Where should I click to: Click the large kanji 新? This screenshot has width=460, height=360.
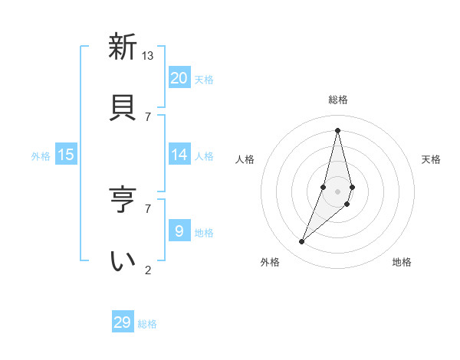[x=122, y=47]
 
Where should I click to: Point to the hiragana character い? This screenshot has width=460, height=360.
[x=122, y=260]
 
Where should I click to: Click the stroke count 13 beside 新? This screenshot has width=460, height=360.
[x=148, y=55]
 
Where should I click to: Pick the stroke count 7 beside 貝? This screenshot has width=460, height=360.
[x=148, y=116]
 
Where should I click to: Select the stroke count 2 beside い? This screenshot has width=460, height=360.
[x=148, y=270]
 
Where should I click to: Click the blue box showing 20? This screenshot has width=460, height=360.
[x=179, y=78]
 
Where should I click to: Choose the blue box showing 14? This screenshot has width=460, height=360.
[x=179, y=155]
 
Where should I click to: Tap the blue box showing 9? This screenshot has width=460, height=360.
[x=179, y=231]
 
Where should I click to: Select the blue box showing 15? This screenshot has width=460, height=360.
[x=66, y=155]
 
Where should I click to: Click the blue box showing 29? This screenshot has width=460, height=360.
[x=123, y=322]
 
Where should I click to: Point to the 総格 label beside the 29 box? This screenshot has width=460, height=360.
[x=147, y=324]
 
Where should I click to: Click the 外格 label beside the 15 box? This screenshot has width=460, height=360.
[x=41, y=156]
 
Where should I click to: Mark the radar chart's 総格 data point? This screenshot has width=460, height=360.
[x=337, y=131]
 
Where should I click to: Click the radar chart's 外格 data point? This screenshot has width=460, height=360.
[x=302, y=242]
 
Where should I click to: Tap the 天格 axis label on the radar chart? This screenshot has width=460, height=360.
[x=431, y=159]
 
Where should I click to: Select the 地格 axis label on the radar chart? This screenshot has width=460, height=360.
[x=402, y=262]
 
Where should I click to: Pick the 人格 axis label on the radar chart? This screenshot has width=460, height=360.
[x=245, y=159]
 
